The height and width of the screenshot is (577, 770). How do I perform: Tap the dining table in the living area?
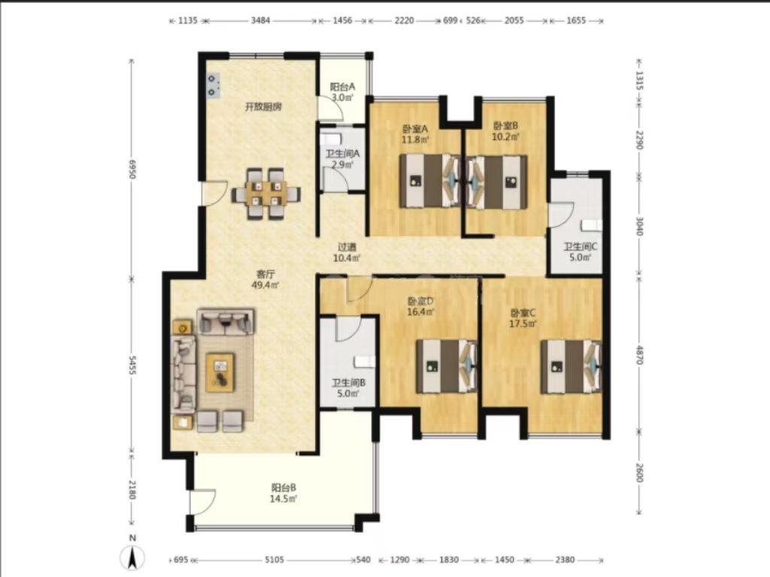[265, 193]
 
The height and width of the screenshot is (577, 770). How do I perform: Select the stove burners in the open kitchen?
[213, 86]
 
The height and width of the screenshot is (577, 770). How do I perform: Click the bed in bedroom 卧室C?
[571, 366]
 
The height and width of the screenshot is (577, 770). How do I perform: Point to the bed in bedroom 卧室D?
[447, 366]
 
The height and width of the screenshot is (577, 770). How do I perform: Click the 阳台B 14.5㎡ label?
[283, 493]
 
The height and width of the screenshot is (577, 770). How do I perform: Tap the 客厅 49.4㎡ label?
[265, 279]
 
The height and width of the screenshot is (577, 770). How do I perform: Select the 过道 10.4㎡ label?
[347, 253]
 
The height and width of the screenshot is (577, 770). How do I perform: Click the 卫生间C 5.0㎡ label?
[580, 252]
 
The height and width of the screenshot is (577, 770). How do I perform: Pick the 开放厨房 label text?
[263, 107]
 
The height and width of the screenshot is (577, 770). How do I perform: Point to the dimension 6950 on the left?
[132, 168]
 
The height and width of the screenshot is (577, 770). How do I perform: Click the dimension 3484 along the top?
[260, 20]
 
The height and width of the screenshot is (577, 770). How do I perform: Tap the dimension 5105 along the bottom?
[274, 560]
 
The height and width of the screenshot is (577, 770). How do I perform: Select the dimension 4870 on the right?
[639, 354]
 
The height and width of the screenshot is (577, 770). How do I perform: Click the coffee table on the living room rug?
[220, 372]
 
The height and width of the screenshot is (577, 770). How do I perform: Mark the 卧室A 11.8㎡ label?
[415, 134]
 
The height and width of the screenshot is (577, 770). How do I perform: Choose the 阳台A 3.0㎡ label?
[342, 92]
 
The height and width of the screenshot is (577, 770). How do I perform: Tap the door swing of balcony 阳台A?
[331, 108]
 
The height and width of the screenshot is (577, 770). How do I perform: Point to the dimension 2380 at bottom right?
[565, 560]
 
